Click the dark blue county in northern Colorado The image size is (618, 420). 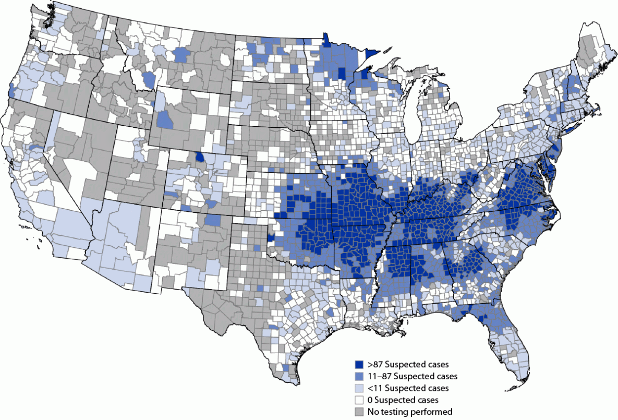tap(200, 157)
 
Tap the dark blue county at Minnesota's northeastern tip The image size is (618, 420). tap(372, 53)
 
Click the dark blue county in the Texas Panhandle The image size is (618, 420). tap(270, 238)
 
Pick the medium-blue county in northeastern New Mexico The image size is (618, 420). tap(213, 220)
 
